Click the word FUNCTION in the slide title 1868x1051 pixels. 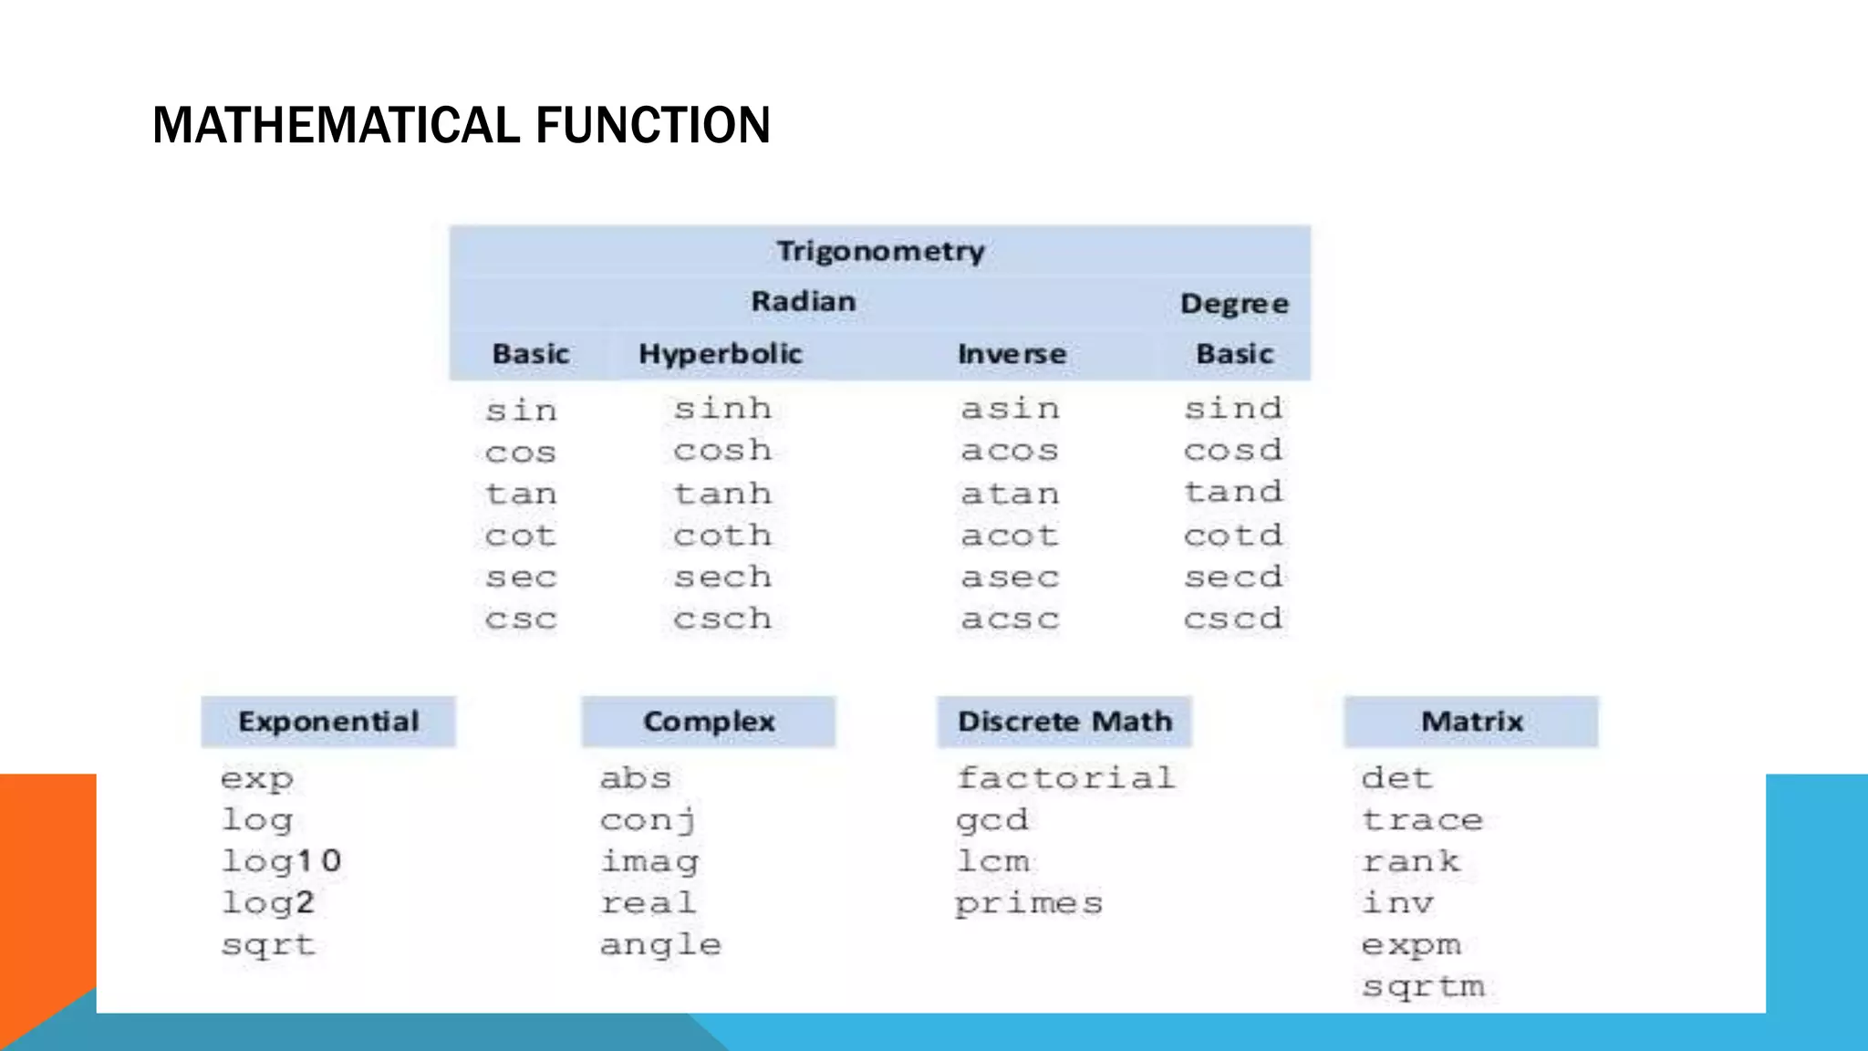[652, 126]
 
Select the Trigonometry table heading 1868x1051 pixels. [880, 251]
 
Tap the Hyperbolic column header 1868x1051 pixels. [720, 354]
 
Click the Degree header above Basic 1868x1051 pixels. [1234, 304]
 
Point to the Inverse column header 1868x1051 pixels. [1012, 354]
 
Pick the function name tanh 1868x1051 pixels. [722, 494]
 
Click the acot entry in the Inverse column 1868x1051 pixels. [1010, 536]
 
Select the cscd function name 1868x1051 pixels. [1233, 619]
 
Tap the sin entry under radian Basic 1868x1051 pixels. [521, 411]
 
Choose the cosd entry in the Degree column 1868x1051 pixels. [1233, 450]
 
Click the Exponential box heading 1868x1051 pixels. [328, 722]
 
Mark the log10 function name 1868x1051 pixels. [281, 861]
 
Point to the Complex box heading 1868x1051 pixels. [709, 722]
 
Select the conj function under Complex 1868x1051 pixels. [649, 820]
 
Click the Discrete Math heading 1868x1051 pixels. [1064, 722]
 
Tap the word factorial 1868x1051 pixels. [1065, 778]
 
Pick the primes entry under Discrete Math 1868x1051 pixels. [1029, 903]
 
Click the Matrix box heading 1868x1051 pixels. [1471, 722]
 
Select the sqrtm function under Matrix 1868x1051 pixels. [1423, 986]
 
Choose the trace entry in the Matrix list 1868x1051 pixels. [1422, 820]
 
